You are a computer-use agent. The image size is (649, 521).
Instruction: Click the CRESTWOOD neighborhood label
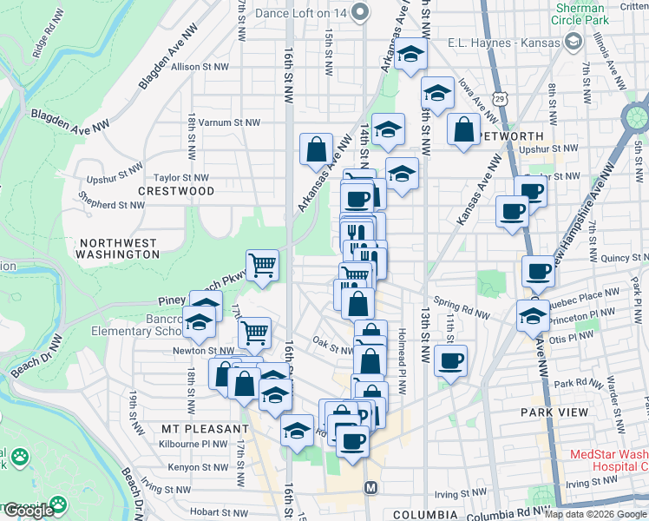176,190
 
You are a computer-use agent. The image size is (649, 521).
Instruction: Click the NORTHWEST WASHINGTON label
117,249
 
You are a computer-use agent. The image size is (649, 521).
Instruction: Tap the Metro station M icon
370,488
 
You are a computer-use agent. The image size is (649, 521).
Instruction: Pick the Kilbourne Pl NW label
197,445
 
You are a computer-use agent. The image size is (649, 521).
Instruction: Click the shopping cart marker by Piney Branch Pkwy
263,265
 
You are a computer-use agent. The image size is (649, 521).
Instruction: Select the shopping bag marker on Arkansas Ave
316,148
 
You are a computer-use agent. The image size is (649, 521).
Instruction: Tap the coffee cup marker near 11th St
450,360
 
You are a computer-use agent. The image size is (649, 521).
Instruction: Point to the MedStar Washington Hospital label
607,460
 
